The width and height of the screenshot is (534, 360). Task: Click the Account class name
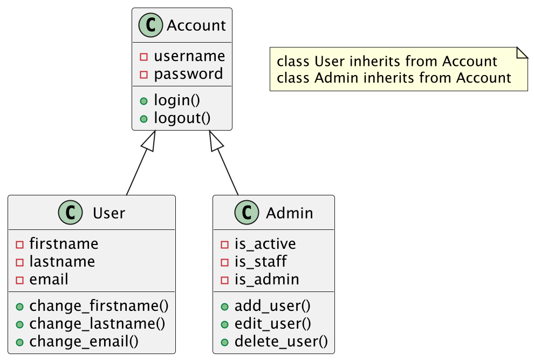pyautogui.click(x=196, y=25)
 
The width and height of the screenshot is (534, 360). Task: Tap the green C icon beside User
pyautogui.click(x=70, y=213)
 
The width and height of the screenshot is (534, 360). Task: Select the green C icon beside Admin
pyautogui.click(x=247, y=213)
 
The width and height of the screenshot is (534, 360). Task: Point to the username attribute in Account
pyautogui.click(x=189, y=56)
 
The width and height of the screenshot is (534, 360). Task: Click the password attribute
pyautogui.click(x=188, y=74)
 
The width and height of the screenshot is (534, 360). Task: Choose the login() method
pyautogui.click(x=177, y=100)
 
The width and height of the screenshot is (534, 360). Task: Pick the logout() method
pyautogui.click(x=182, y=118)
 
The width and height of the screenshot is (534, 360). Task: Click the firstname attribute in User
pyautogui.click(x=64, y=244)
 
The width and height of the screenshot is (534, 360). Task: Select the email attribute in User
pyautogui.click(x=49, y=280)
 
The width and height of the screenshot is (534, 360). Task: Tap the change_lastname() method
pyautogui.click(x=97, y=324)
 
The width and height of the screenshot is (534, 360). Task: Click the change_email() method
pyautogui.click(x=84, y=342)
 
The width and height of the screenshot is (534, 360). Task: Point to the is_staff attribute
pyautogui.click(x=261, y=262)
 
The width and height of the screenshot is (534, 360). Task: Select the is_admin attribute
pyautogui.click(x=266, y=280)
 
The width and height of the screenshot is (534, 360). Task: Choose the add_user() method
pyautogui.click(x=272, y=306)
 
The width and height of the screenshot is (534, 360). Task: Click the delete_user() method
pyautogui.click(x=281, y=342)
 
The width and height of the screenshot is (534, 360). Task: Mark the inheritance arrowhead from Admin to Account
pyautogui.click(x=216, y=141)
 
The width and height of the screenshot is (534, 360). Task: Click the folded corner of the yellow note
pyautogui.click(x=522, y=52)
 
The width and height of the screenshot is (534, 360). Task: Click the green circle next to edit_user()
pyautogui.click(x=224, y=324)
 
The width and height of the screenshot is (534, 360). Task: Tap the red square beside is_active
pyautogui.click(x=224, y=244)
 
